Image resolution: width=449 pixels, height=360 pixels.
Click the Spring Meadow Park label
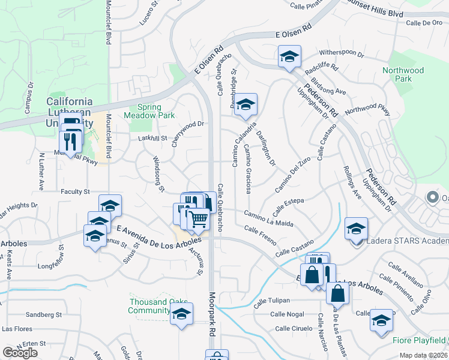point(142,110)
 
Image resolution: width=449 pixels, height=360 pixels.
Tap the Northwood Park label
point(403,74)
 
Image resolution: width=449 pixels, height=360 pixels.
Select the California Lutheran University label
point(70,112)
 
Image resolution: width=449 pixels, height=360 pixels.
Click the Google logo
point(20,353)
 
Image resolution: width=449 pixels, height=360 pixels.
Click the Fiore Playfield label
point(419,340)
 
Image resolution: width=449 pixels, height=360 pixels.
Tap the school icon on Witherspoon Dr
point(289,58)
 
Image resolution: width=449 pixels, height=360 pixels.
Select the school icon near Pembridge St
point(245,104)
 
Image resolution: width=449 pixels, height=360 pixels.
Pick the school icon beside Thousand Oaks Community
point(181,314)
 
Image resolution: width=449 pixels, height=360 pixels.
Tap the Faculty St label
point(75,192)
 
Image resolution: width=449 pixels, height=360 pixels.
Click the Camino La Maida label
point(268,218)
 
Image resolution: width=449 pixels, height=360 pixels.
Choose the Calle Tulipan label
point(271,301)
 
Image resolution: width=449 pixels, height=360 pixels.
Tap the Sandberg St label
point(44,314)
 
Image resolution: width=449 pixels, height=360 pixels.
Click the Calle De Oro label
point(424,23)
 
